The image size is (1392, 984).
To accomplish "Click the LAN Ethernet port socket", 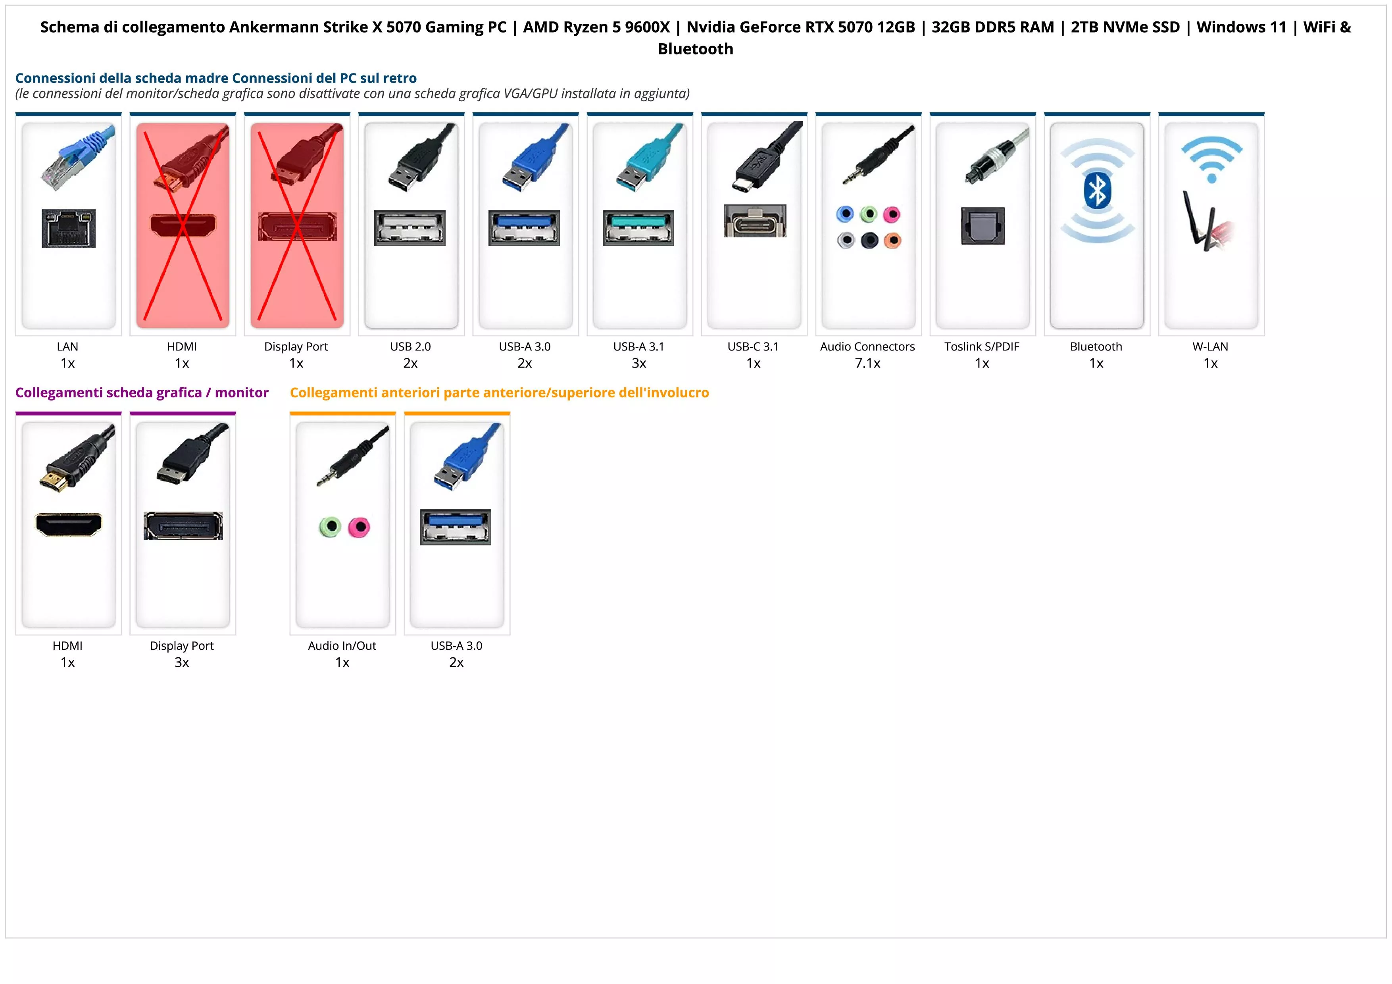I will (69, 228).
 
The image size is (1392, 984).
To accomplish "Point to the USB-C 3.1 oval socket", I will (755, 222).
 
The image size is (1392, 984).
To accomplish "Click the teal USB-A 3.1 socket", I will (638, 227).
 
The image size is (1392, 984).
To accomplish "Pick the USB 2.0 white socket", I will (410, 227).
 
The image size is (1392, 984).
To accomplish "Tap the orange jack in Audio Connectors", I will (892, 241).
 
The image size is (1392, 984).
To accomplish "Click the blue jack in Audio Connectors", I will (845, 214).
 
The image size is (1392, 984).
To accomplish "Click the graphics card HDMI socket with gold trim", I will (69, 524).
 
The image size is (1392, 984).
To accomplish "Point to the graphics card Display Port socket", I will (183, 526).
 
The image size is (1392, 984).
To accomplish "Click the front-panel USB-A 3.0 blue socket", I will (455, 527).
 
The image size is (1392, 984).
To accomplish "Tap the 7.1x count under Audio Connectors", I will (867, 363).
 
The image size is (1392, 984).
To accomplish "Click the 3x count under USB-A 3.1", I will (639, 363).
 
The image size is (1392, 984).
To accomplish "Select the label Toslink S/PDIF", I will (982, 347).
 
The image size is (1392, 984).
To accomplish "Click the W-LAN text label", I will (1210, 347).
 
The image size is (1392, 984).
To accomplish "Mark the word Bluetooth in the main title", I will (695, 49).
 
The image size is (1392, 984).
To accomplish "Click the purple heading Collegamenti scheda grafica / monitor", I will (142, 393).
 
